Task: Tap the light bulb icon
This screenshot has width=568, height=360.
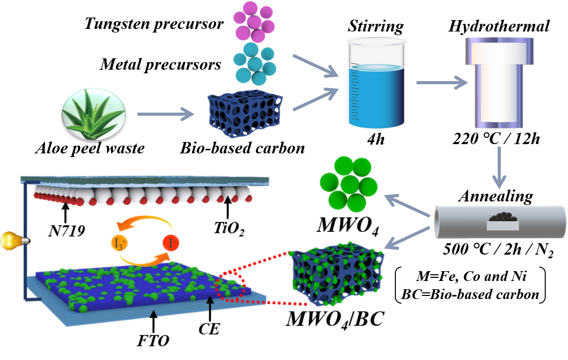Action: pyautogui.click(x=14, y=240)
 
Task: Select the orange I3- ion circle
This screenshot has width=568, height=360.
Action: pyautogui.click(x=119, y=243)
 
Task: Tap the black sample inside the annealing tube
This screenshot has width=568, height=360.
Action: pyautogui.click(x=503, y=216)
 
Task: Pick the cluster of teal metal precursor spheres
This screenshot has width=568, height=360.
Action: pyautogui.click(x=254, y=64)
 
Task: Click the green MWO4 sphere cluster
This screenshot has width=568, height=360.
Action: pyautogui.click(x=348, y=184)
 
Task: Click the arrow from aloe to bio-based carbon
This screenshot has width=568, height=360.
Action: pyautogui.click(x=165, y=114)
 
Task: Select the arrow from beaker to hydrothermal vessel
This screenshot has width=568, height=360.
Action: pyautogui.click(x=442, y=83)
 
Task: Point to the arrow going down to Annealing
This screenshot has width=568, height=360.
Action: pyautogui.click(x=499, y=167)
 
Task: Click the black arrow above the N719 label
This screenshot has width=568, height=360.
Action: pyautogui.click(x=65, y=213)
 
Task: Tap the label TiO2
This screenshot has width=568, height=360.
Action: pyautogui.click(x=229, y=228)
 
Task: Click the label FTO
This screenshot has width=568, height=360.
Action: pyautogui.click(x=153, y=340)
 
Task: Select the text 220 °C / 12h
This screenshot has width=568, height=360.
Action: pyautogui.click(x=496, y=139)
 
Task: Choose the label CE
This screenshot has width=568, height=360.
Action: pyautogui.click(x=209, y=328)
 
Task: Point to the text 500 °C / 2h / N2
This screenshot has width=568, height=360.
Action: pyautogui.click(x=498, y=249)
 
